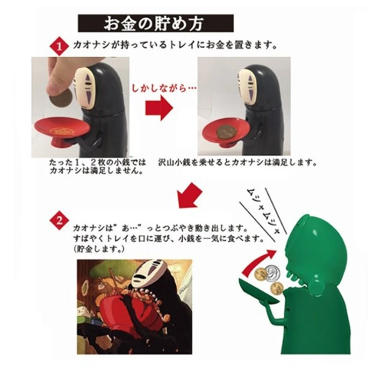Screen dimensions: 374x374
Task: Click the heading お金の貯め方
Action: click(x=156, y=23)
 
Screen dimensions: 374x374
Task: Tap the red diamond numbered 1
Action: click(x=59, y=46)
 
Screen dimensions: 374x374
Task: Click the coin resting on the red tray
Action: click(x=225, y=133)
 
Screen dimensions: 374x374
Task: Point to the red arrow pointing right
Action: click(x=159, y=108)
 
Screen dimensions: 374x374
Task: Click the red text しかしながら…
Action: click(x=164, y=88)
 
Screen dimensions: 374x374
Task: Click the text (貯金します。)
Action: click(x=99, y=250)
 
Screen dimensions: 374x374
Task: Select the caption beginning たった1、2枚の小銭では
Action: click(x=97, y=167)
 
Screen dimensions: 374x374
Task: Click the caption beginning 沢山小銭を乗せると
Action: click(x=237, y=163)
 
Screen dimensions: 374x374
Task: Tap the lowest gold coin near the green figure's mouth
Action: click(x=276, y=288)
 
